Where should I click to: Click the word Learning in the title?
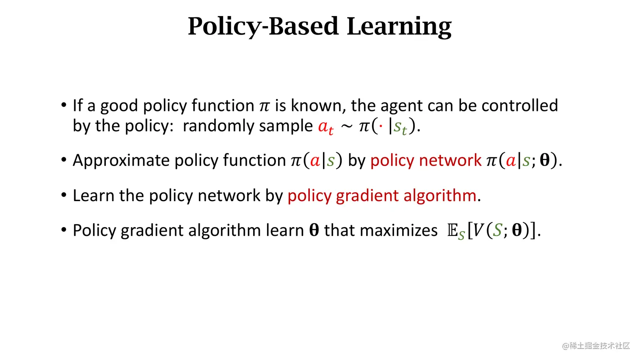pyautogui.click(x=399, y=27)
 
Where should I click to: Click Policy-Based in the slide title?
pyautogui.click(x=263, y=27)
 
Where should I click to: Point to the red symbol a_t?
pyautogui.click(x=326, y=126)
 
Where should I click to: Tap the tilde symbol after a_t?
pyautogui.click(x=347, y=127)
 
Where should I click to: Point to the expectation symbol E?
pyautogui.click(x=452, y=231)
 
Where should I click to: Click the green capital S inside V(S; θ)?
pyautogui.click(x=497, y=230)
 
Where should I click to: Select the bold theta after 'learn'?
pyautogui.click(x=314, y=230)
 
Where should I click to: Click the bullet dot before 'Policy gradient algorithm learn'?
pyautogui.click(x=64, y=230)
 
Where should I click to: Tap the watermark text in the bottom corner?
pyautogui.click(x=596, y=346)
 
